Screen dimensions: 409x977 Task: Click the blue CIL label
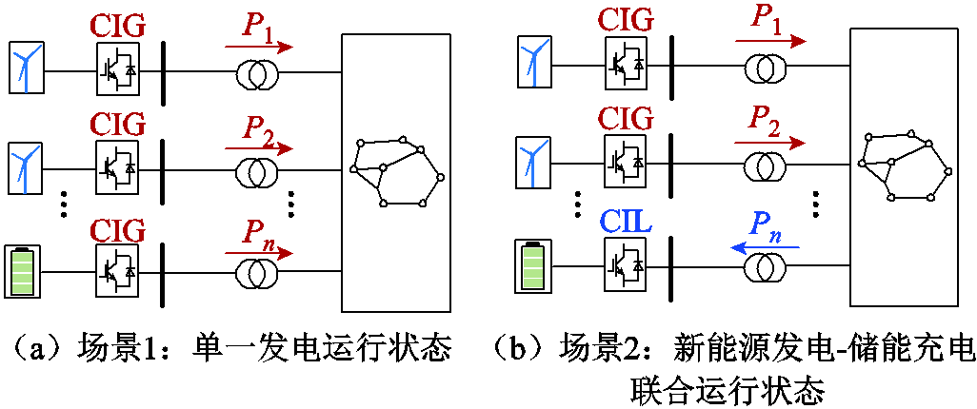(x=627, y=222)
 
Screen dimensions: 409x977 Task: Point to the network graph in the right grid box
(x=906, y=165)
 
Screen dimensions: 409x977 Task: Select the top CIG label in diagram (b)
(x=627, y=19)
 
